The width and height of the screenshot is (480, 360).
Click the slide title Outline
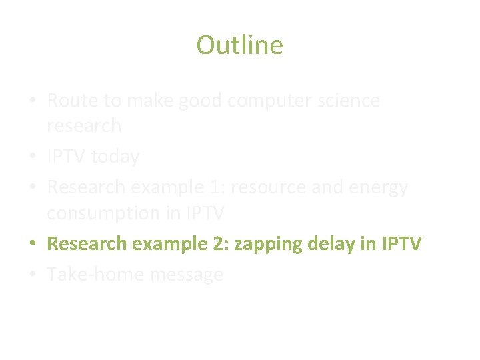(239, 45)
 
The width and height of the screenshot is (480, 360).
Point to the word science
(347, 101)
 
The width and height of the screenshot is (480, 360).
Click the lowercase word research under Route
(84, 125)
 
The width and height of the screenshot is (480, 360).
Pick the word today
(115, 157)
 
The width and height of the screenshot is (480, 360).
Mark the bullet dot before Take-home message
(33, 275)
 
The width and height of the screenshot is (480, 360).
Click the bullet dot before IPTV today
(33, 157)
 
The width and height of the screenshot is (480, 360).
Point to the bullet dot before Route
(33, 101)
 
